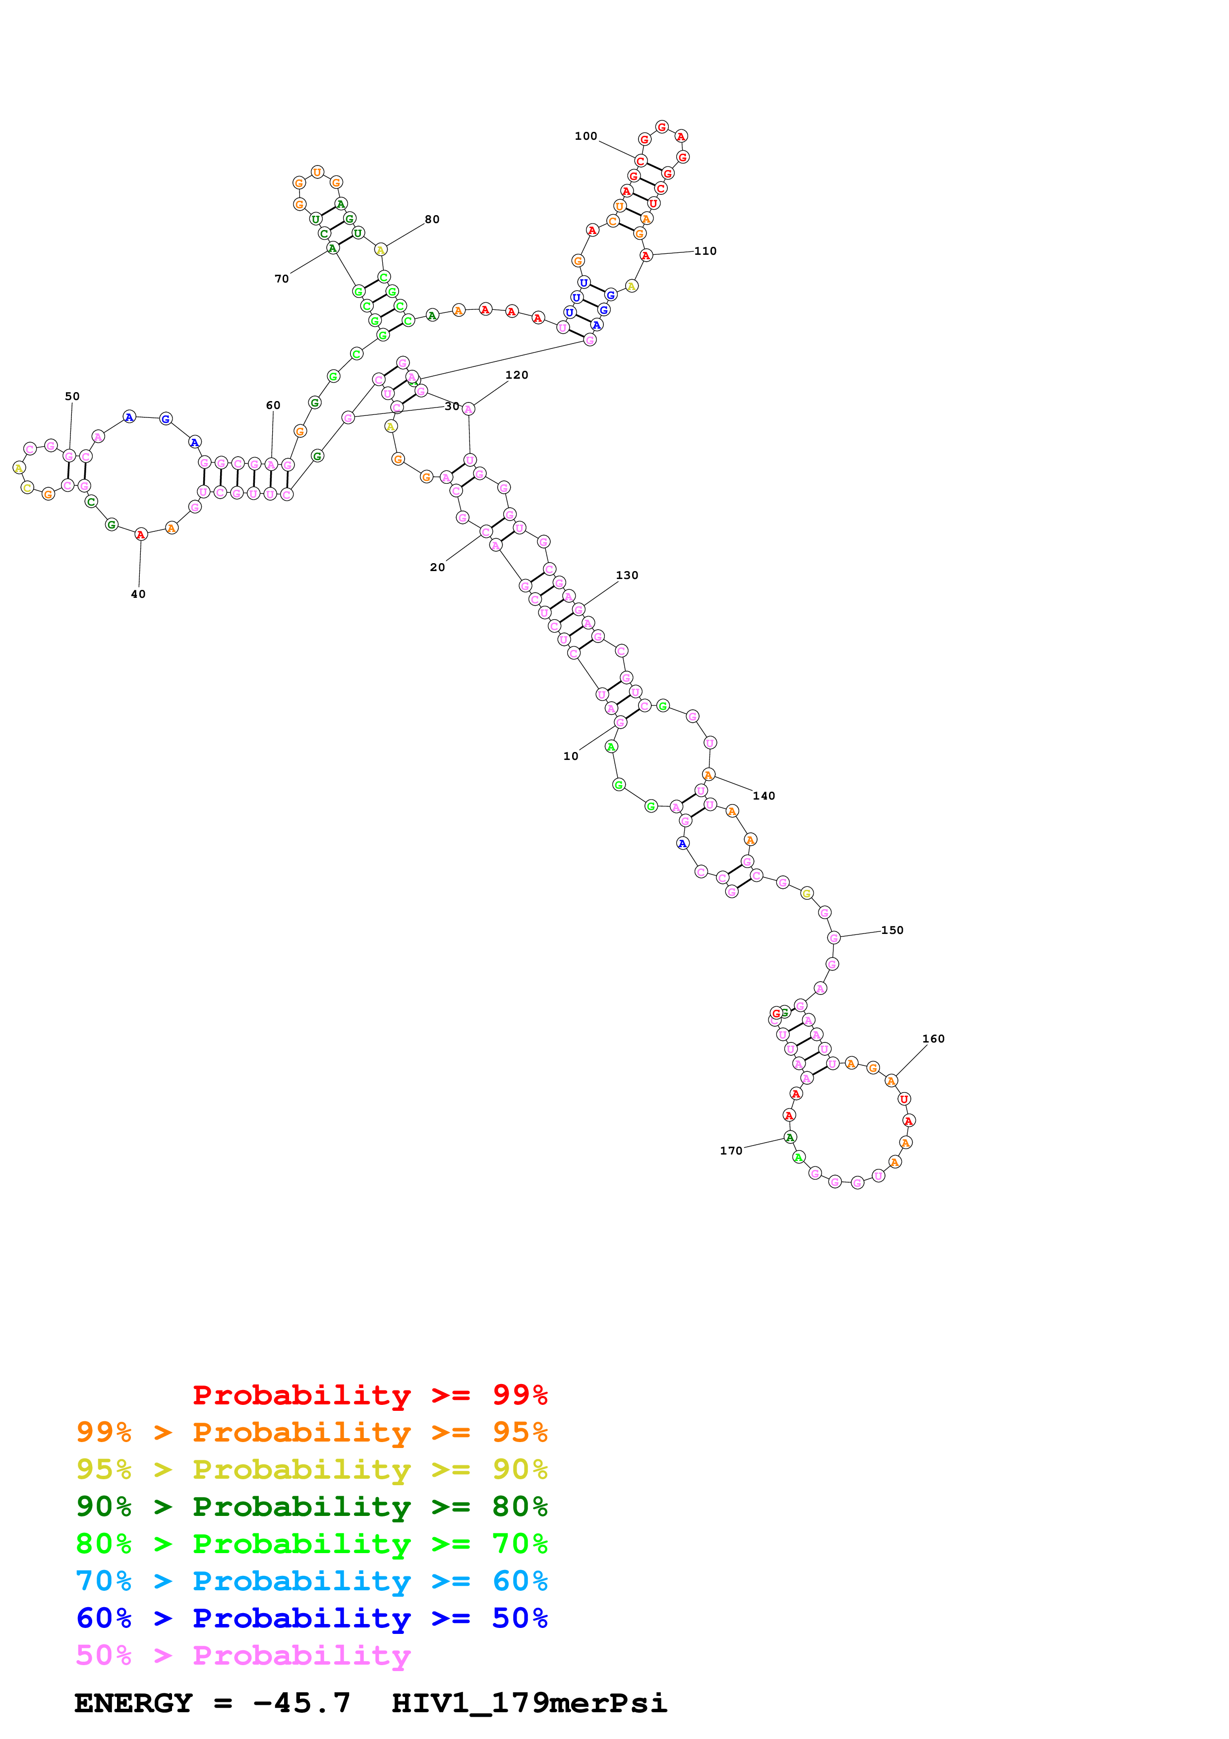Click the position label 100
tap(585, 136)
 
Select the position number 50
tap(72, 396)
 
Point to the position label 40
tap(138, 594)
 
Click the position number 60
tap(273, 405)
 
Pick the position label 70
tap(282, 279)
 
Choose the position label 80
tap(432, 220)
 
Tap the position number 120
tap(517, 375)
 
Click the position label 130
tap(627, 575)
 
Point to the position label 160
tap(933, 1039)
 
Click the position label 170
tap(731, 1151)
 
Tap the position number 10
tap(570, 756)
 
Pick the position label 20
tap(437, 567)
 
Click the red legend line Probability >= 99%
tap(369, 1394)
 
